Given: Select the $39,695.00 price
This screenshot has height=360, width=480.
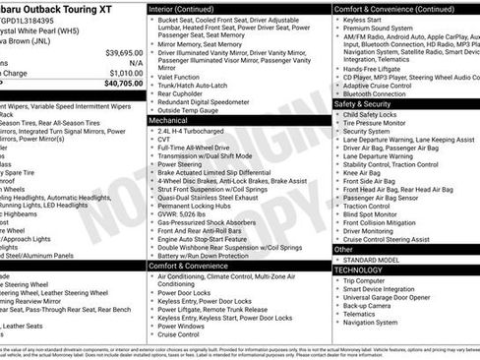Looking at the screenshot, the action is [124, 51].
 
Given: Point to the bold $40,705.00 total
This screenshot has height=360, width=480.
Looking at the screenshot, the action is [123, 84].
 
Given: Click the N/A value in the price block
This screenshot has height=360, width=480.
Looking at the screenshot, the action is [136, 61].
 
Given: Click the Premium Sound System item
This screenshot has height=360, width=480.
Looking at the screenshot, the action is [388, 30].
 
